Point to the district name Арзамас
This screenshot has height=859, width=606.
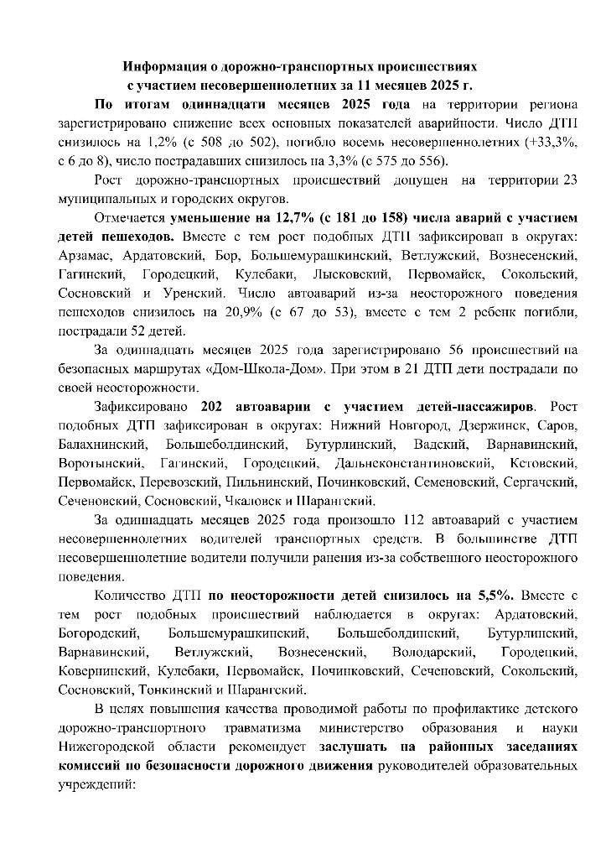[x=88, y=255]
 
